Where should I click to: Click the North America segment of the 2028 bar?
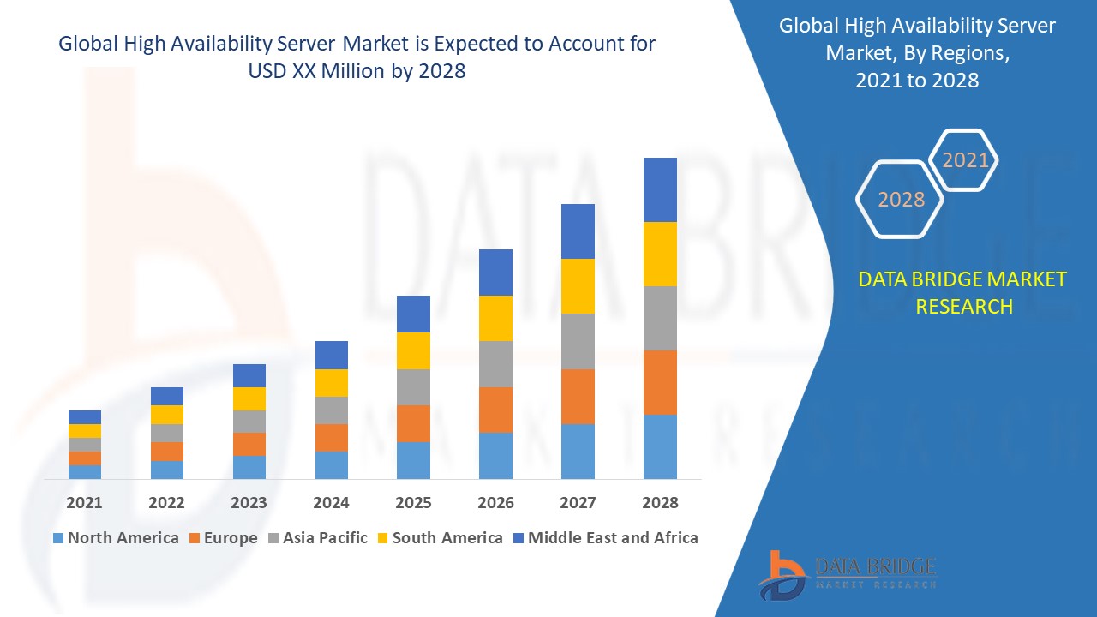(660, 446)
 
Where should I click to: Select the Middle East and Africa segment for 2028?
(660, 189)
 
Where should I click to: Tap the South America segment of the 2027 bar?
(578, 286)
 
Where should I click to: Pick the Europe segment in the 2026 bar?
(495, 410)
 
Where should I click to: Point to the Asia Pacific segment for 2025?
(413, 387)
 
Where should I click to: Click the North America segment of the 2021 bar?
(85, 471)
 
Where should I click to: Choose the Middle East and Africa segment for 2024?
(332, 355)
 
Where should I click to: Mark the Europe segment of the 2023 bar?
(249, 444)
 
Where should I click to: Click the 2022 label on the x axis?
(166, 503)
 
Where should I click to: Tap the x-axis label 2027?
(578, 503)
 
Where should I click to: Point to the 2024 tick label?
(332, 503)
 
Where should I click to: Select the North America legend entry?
(115, 538)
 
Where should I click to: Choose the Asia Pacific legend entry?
(316, 538)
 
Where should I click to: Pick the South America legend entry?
(439, 538)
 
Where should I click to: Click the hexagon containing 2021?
(965, 160)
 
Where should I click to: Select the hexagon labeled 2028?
(901, 200)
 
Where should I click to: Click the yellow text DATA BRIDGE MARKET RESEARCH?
(963, 292)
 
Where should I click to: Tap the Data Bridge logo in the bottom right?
(848, 573)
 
